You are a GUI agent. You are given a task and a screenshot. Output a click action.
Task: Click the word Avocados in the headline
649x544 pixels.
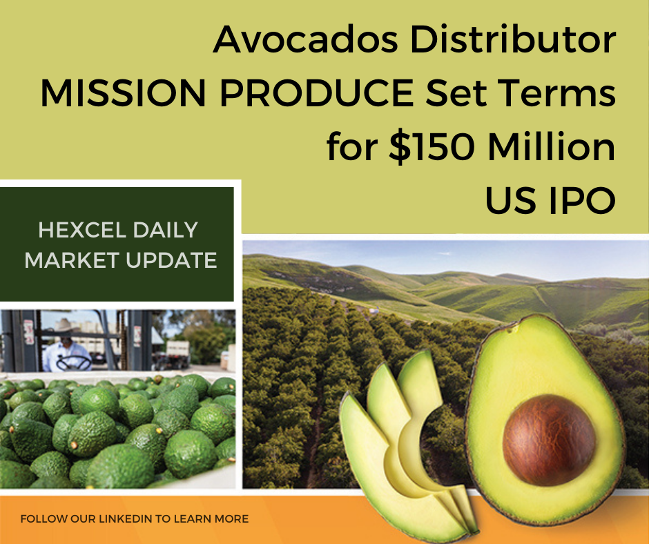point(305,39)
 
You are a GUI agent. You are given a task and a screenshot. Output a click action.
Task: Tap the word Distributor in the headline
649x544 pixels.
point(513,39)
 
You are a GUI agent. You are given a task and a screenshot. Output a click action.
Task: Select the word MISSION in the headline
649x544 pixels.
point(123,93)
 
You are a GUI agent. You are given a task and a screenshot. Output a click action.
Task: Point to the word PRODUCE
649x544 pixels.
point(317,93)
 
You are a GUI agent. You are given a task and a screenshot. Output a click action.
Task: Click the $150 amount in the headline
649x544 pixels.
point(432,147)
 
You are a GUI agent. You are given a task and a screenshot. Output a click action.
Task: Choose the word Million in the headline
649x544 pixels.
point(552,147)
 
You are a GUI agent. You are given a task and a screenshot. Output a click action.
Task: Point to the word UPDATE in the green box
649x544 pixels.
point(171,260)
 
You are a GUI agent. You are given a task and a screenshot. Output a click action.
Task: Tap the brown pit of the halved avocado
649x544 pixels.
point(550,440)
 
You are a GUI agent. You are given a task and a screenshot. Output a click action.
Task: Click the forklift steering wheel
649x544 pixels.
point(74,363)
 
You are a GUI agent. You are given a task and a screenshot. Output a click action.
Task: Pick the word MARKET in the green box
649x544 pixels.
point(72,260)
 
